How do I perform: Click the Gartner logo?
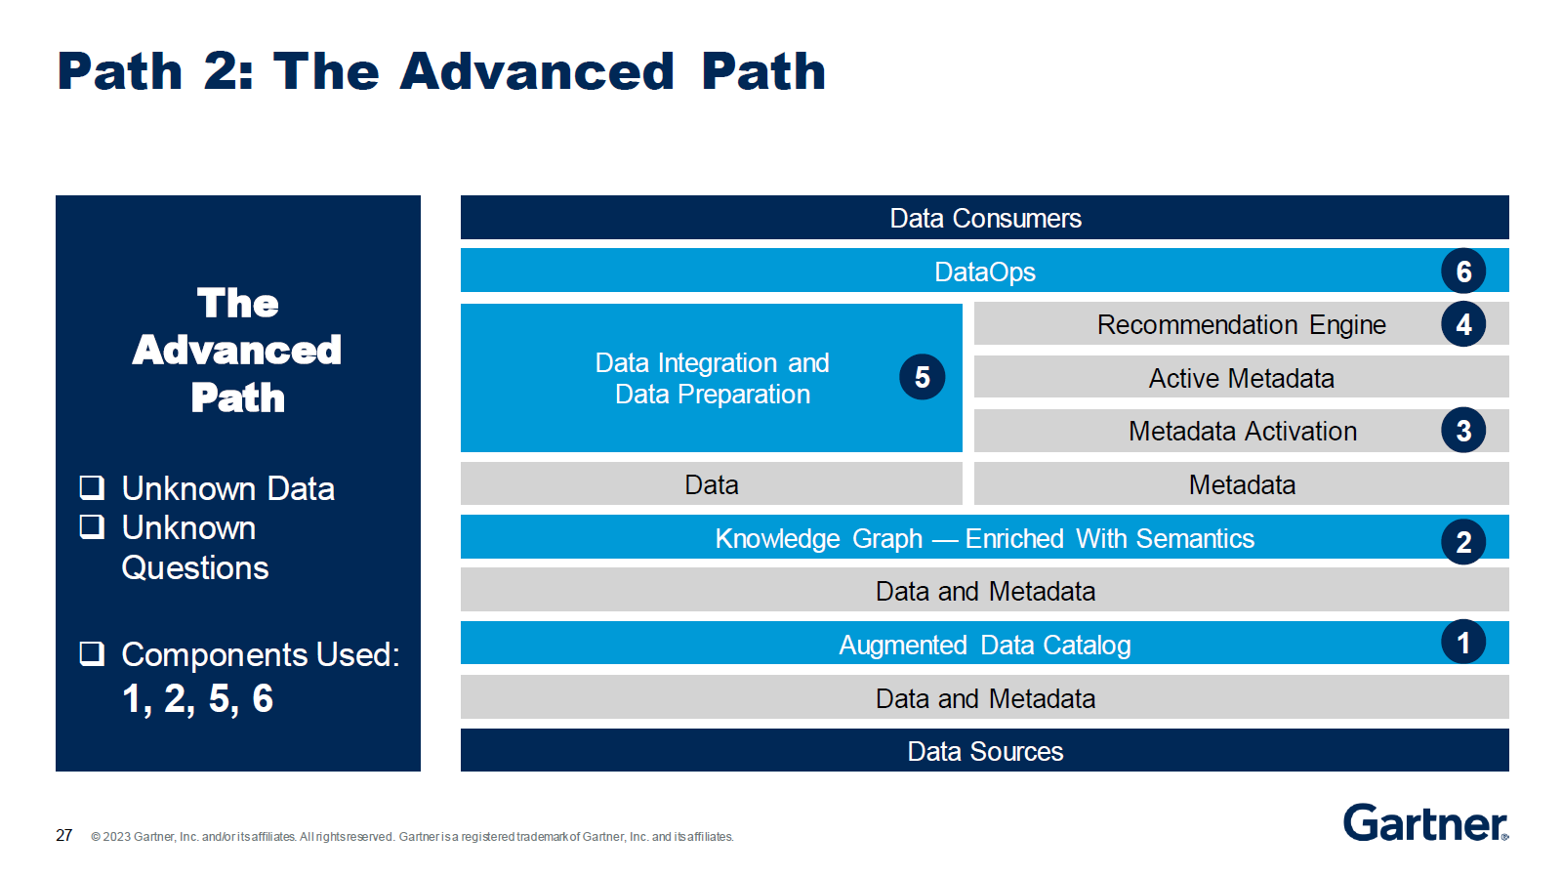point(1424,823)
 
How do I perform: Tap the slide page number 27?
point(64,835)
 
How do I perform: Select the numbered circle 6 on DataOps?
point(1462,271)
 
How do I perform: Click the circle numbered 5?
point(922,377)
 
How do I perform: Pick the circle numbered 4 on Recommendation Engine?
point(1462,324)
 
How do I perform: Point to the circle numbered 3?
point(1462,431)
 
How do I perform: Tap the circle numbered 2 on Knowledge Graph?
point(1462,542)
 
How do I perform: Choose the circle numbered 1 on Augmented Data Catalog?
point(1462,643)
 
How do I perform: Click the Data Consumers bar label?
point(984,218)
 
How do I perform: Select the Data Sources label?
point(984,751)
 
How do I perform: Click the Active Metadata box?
point(1241,378)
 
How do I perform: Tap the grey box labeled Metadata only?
point(1241,484)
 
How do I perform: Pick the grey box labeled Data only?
point(711,484)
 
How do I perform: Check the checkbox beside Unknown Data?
point(92,486)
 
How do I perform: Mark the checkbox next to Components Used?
point(92,653)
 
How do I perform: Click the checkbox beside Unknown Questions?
point(92,527)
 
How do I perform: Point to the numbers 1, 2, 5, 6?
point(197,699)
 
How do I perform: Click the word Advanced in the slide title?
point(537,72)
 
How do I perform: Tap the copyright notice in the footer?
point(412,837)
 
